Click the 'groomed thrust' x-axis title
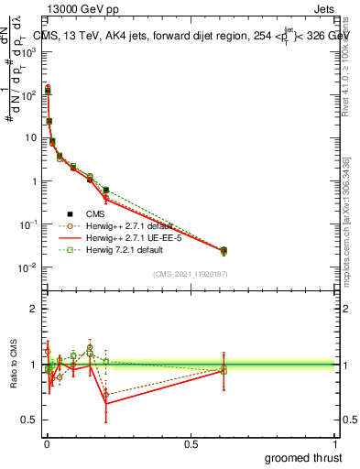[x=303, y=457]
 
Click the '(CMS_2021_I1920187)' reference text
[x=191, y=275]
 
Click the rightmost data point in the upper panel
[x=224, y=250]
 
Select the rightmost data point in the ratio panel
[x=224, y=370]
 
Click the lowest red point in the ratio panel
[x=106, y=403]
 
